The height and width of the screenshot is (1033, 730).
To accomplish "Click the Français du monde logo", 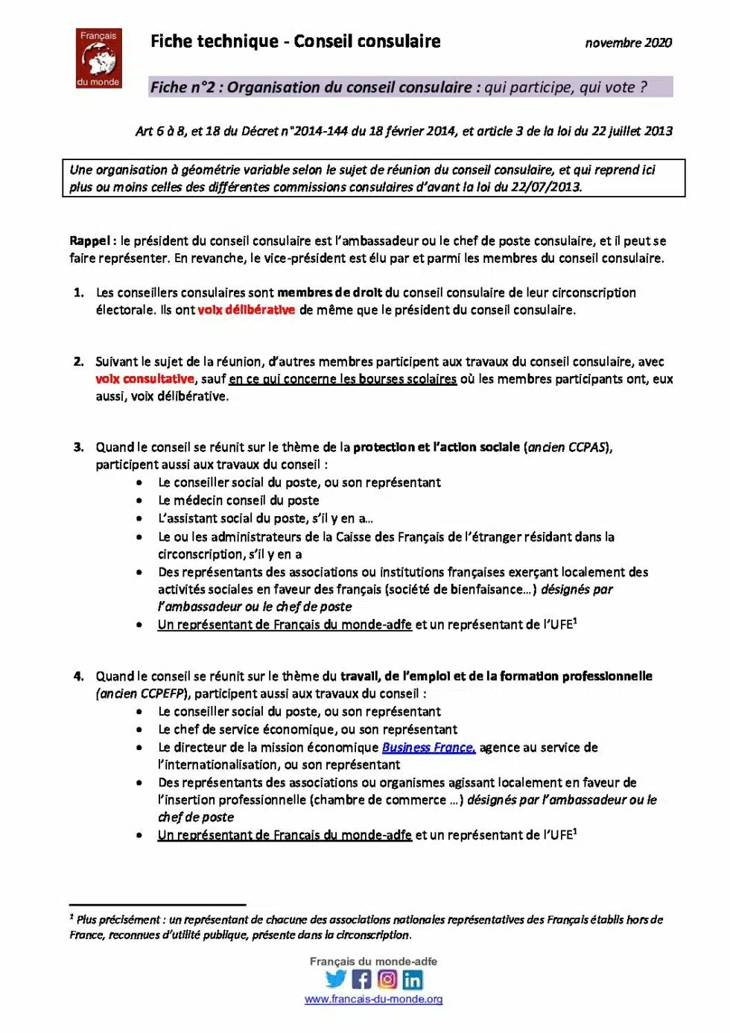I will click(98, 58).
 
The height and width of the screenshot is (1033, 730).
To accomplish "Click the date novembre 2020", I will click(628, 43).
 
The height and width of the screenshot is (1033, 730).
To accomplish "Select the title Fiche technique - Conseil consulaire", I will click(295, 42).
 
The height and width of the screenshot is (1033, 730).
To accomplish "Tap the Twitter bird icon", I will click(337, 979).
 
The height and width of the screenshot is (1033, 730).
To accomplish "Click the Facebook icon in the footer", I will click(362, 979).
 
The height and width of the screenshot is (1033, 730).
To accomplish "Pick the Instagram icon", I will click(387, 979).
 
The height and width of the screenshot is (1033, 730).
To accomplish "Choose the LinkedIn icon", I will click(413, 979).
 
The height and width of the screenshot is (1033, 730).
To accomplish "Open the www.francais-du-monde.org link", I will click(373, 999).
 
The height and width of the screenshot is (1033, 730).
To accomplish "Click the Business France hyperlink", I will click(428, 747).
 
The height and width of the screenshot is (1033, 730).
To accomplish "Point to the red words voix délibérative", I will click(246, 310).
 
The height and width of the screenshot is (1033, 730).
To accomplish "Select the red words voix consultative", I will click(145, 379).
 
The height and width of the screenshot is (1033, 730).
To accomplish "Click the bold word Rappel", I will click(89, 241).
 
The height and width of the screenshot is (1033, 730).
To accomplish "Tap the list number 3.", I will click(78, 448).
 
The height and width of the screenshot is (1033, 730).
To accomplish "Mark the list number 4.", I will click(78, 676).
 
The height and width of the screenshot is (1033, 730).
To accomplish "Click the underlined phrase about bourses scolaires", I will click(343, 379).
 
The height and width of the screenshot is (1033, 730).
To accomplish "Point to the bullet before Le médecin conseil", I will click(139, 500).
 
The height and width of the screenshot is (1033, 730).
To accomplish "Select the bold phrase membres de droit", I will click(329, 293).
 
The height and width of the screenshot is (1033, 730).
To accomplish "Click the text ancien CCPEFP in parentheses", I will click(142, 693).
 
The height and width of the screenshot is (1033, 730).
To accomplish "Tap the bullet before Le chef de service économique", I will click(139, 730).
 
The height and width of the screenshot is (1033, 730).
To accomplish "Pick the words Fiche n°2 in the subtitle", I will click(182, 87).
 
